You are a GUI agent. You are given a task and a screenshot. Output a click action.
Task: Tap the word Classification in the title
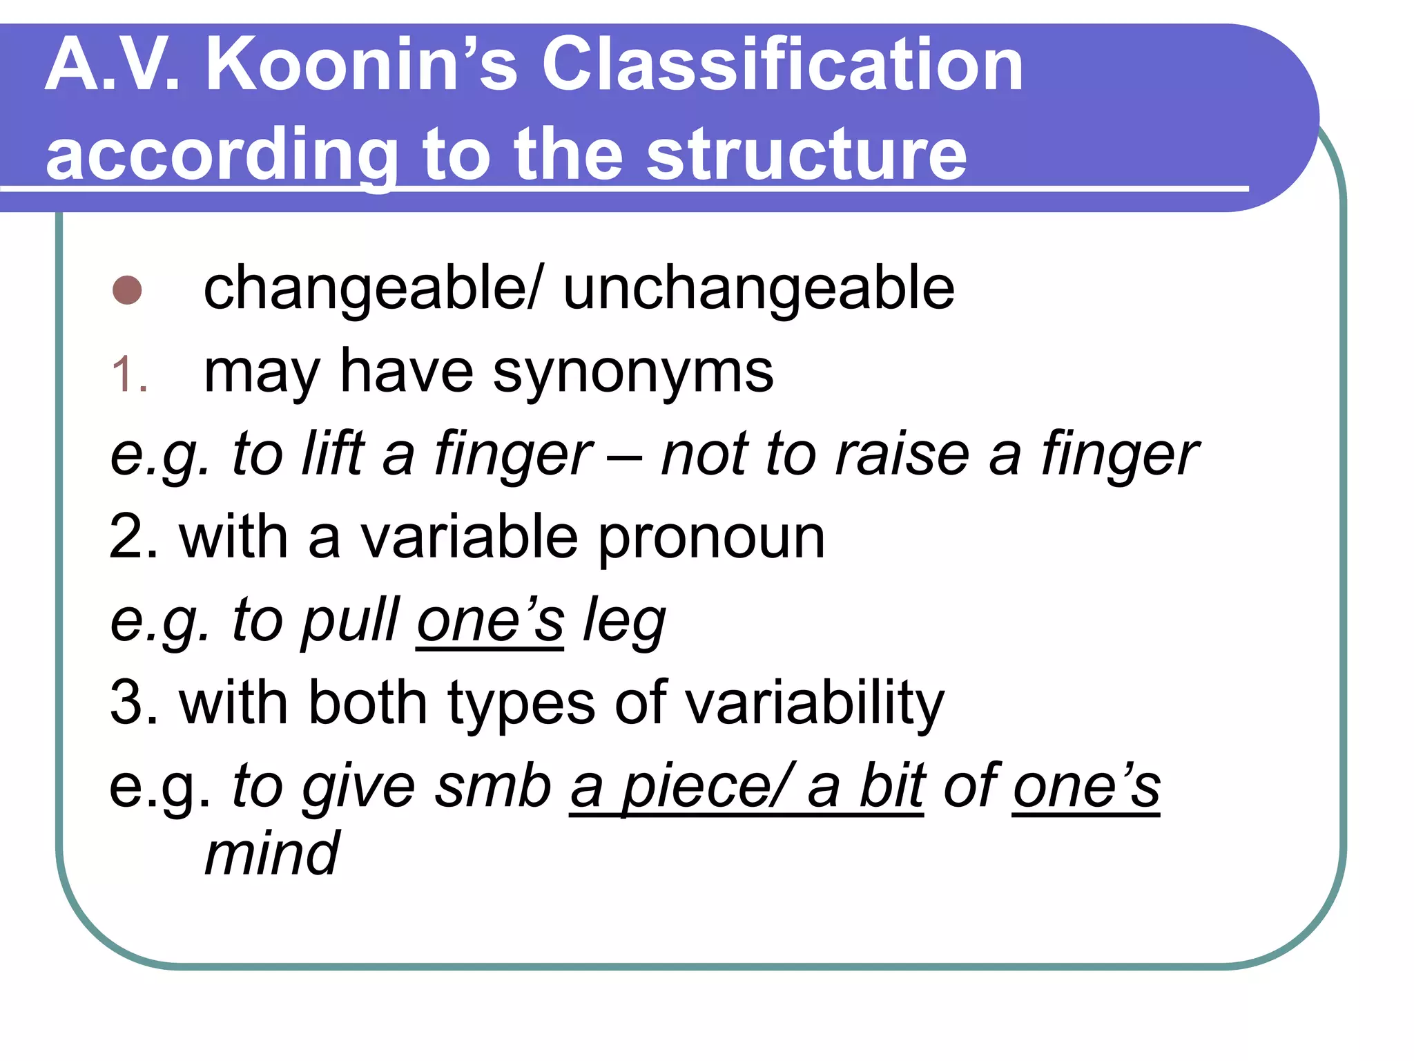782,66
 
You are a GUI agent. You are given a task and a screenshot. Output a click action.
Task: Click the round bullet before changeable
127,290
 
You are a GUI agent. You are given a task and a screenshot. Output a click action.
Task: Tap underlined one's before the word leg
490,620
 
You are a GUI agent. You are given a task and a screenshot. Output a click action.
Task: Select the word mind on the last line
272,855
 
